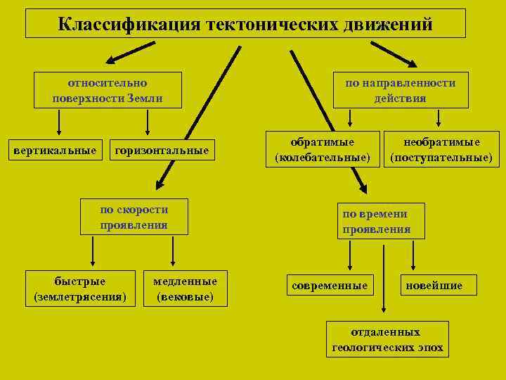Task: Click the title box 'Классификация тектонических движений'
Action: click(x=245, y=23)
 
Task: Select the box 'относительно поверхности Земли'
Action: click(x=108, y=90)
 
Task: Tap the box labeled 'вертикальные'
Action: click(x=56, y=150)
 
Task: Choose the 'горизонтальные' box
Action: click(x=162, y=150)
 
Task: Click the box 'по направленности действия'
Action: click(x=400, y=90)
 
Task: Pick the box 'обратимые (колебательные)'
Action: click(x=323, y=149)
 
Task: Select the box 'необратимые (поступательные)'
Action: click(x=441, y=149)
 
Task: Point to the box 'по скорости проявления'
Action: click(x=134, y=217)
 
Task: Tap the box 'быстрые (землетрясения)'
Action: click(x=80, y=289)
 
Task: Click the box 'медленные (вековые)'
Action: click(x=185, y=289)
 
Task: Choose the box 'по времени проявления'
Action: click(x=381, y=221)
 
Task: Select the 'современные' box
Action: click(x=330, y=285)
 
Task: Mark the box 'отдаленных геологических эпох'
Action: click(x=387, y=339)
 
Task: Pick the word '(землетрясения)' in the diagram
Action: click(x=80, y=297)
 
